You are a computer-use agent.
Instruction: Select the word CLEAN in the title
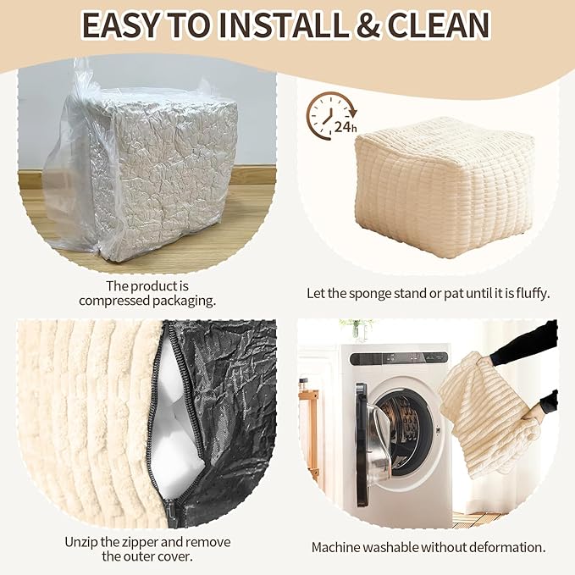(438, 25)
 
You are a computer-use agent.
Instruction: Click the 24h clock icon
(331, 116)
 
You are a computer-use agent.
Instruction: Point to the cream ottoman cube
(445, 186)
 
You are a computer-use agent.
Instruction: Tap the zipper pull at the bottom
(171, 512)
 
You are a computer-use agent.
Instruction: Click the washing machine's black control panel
(399, 359)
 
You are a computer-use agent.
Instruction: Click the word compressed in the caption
(113, 301)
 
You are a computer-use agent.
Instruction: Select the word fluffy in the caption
(533, 293)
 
